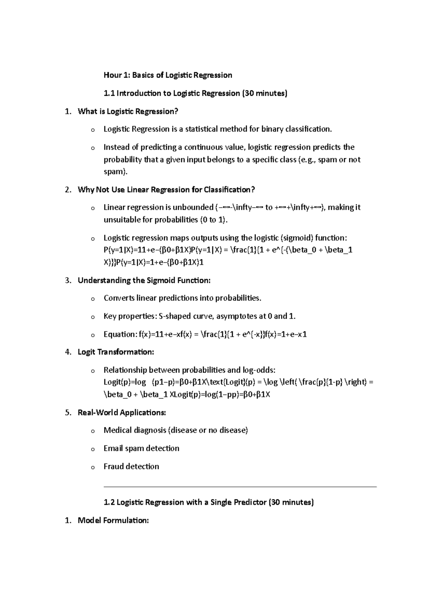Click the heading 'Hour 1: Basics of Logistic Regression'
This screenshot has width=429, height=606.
[168, 75]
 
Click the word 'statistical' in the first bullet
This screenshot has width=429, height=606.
[198, 129]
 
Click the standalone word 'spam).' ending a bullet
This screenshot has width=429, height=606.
[115, 172]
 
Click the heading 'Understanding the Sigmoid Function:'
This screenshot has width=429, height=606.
[144, 280]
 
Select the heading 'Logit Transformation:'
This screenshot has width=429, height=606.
[116, 352]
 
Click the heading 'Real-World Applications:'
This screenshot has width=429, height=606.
[122, 413]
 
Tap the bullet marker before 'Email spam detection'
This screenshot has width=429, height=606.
[93, 449]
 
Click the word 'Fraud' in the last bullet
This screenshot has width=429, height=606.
[112, 467]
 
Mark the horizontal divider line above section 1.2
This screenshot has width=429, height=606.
[240, 487]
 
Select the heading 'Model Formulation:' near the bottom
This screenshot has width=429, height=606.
[113, 521]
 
